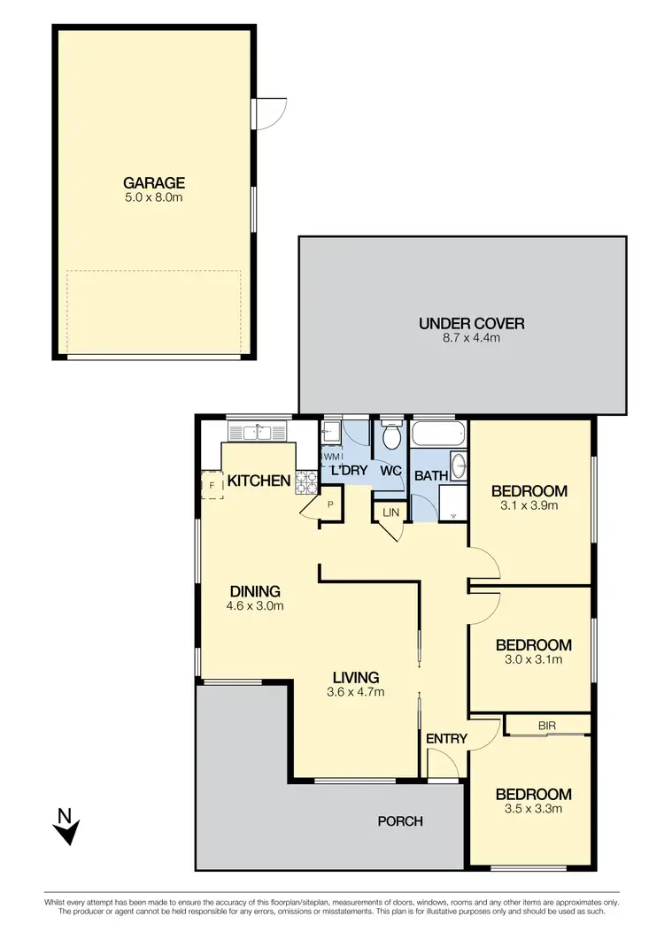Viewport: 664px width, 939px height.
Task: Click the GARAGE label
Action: point(154,183)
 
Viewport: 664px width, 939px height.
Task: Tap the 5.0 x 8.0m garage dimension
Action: point(154,197)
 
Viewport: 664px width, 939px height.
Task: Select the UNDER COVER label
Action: point(471,323)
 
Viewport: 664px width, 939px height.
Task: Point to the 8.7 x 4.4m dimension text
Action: point(471,338)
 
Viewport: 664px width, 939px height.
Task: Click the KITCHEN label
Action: point(259,481)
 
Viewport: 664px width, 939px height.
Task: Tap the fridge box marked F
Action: point(212,485)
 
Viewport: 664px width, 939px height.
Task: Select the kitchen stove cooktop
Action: point(306,481)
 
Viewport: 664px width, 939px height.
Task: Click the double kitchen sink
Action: point(259,431)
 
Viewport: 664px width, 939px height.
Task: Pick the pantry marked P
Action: point(329,505)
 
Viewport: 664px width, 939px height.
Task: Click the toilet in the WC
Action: point(391,436)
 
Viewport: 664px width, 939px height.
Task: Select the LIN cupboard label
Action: point(390,512)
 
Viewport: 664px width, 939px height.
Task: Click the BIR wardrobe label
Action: point(545,725)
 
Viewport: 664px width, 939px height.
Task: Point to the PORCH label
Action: point(400,820)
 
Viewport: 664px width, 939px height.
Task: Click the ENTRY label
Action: point(446,738)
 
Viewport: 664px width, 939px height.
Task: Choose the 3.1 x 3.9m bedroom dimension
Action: point(529,506)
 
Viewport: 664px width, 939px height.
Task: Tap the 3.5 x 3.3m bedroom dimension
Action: point(532,808)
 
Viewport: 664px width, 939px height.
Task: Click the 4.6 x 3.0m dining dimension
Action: point(255,606)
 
